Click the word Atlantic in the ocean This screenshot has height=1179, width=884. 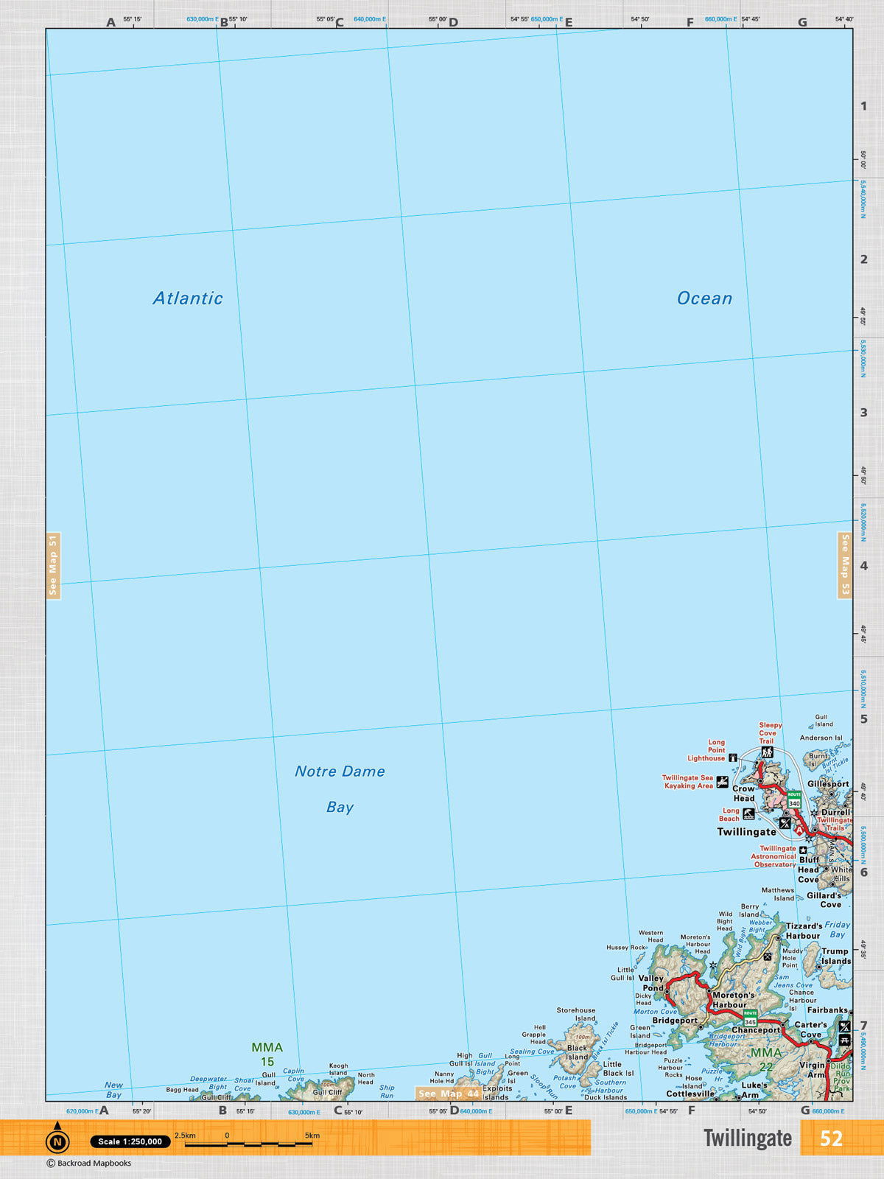pos(188,298)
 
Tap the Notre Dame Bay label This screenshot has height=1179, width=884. pos(340,788)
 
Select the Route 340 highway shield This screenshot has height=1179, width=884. pos(794,799)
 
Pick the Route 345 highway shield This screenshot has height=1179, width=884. pos(750,1018)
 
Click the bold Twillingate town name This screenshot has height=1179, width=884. pos(746,832)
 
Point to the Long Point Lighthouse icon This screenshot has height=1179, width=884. pos(733,758)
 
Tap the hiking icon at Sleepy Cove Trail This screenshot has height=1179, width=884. pos(767,752)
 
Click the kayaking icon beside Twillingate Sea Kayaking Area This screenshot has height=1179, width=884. pos(723,782)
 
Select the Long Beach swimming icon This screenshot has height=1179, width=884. pos(748,814)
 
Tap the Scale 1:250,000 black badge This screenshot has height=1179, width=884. pos(130,1141)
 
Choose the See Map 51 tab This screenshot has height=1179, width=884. pos(53,565)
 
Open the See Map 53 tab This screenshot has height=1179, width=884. pos(845,565)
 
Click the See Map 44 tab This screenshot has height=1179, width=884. pos(448,1094)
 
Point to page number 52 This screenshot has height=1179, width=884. pos(831,1138)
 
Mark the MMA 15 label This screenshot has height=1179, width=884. pos(267,1054)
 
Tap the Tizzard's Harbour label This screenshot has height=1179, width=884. pos(803,931)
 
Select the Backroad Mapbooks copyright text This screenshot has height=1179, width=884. pos(89,1164)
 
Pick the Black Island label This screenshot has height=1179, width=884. pos(577,1052)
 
